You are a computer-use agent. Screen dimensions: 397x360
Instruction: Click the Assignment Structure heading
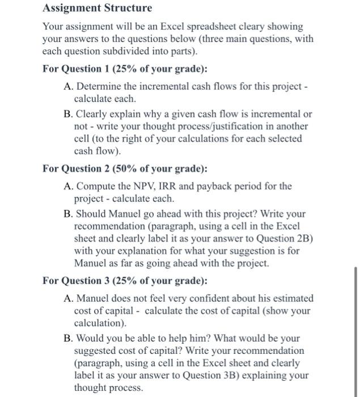98,9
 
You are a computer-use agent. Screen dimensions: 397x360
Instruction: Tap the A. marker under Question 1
68,86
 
